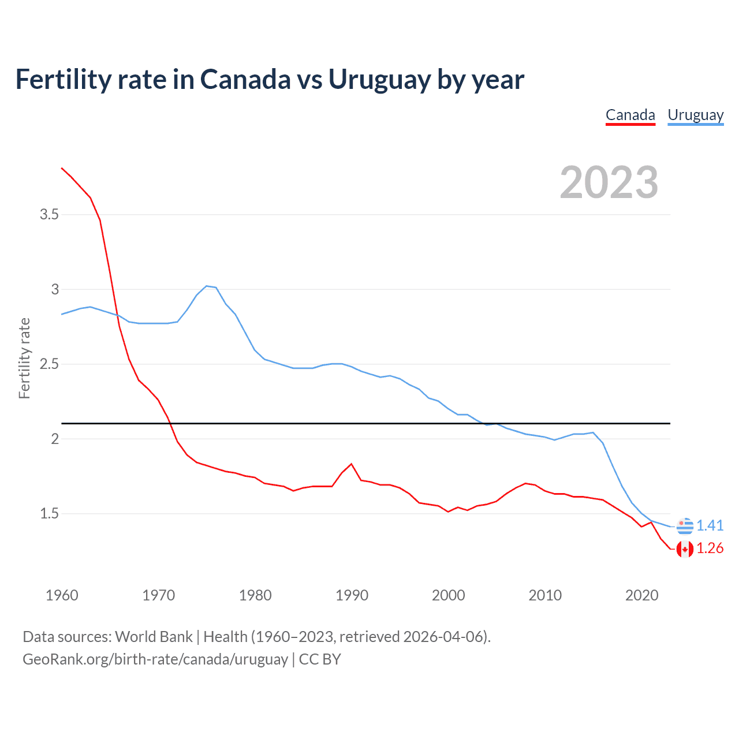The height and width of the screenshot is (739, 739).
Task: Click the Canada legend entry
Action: pyautogui.click(x=630, y=115)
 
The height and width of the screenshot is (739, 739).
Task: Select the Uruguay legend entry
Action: pyautogui.click(x=695, y=115)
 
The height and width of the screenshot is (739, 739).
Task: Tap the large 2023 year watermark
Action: pyautogui.click(x=609, y=182)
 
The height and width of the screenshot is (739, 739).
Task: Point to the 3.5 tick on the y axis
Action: pyautogui.click(x=49, y=215)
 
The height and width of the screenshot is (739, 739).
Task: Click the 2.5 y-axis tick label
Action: pyautogui.click(x=49, y=364)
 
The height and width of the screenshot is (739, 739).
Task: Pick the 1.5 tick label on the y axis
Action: pyautogui.click(x=49, y=514)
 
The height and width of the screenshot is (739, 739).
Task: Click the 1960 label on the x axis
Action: pyautogui.click(x=62, y=595)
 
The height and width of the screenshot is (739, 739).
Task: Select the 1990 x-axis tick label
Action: pyautogui.click(x=352, y=595)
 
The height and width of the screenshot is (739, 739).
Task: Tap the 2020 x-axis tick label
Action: pyautogui.click(x=641, y=595)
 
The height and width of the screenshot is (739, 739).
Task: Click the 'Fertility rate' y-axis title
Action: pyautogui.click(x=24, y=358)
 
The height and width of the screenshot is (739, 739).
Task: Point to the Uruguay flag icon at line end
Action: pyautogui.click(x=685, y=526)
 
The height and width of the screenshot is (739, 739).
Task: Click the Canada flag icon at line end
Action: pyautogui.click(x=685, y=548)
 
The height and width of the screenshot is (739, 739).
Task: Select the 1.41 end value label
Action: pyautogui.click(x=710, y=525)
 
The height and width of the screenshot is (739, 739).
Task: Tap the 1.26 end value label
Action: pyautogui.click(x=710, y=548)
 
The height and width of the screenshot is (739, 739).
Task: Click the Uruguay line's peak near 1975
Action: pyautogui.click(x=207, y=286)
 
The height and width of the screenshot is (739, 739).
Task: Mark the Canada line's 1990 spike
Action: pyautogui.click(x=351, y=464)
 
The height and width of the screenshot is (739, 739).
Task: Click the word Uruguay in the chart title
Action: pyautogui.click(x=379, y=80)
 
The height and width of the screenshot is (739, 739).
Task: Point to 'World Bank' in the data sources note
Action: pyautogui.click(x=154, y=636)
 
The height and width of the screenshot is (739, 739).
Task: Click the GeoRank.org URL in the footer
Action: pyautogui.click(x=155, y=659)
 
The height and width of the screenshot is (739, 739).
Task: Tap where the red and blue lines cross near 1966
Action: pyautogui.click(x=117, y=315)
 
